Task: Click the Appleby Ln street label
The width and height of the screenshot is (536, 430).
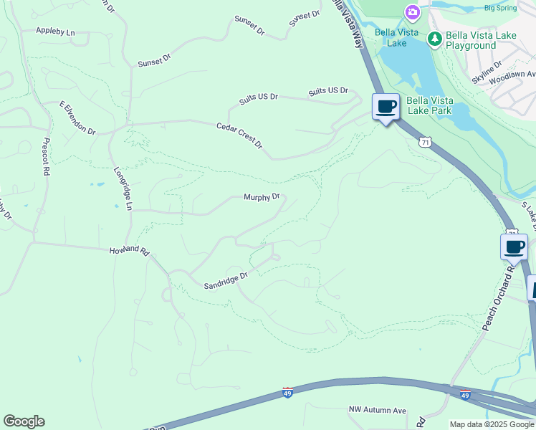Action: click(56, 32)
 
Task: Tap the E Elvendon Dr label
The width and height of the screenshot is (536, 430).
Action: click(77, 118)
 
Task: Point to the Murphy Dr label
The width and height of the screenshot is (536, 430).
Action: click(261, 197)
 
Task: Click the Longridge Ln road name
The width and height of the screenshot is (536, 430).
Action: click(123, 188)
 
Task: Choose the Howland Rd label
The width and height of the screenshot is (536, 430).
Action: click(129, 252)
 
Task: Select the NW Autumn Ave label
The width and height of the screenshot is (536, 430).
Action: click(378, 410)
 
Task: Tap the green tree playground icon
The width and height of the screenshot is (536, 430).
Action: click(434, 39)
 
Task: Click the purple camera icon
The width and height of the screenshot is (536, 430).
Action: click(412, 12)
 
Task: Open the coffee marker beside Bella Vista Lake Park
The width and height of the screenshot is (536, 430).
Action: click(386, 107)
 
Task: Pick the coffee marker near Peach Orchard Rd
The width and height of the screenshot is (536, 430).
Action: click(514, 247)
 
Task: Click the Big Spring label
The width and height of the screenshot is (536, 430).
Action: click(500, 8)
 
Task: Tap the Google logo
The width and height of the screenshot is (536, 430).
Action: click(24, 421)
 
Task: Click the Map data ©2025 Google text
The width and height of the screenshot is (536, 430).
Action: click(492, 424)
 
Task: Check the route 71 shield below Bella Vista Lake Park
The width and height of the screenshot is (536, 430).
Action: click(426, 143)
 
